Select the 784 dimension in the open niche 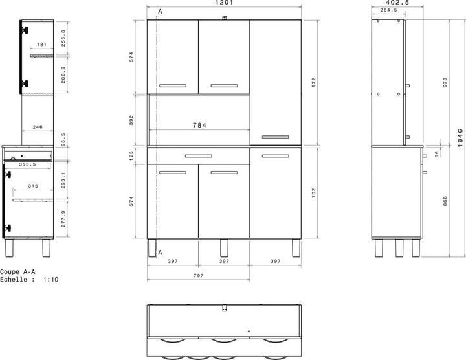click(199, 126)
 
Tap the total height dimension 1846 click(460, 136)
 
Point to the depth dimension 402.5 click(390, 3)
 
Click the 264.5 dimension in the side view click(389, 10)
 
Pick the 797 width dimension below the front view click(199, 275)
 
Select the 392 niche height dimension click(131, 120)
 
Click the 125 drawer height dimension click(131, 155)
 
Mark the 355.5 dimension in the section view click(27, 164)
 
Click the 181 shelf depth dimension click(41, 45)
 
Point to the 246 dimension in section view click(38, 128)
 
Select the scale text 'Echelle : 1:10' click(29, 280)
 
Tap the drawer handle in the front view click(198, 156)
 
